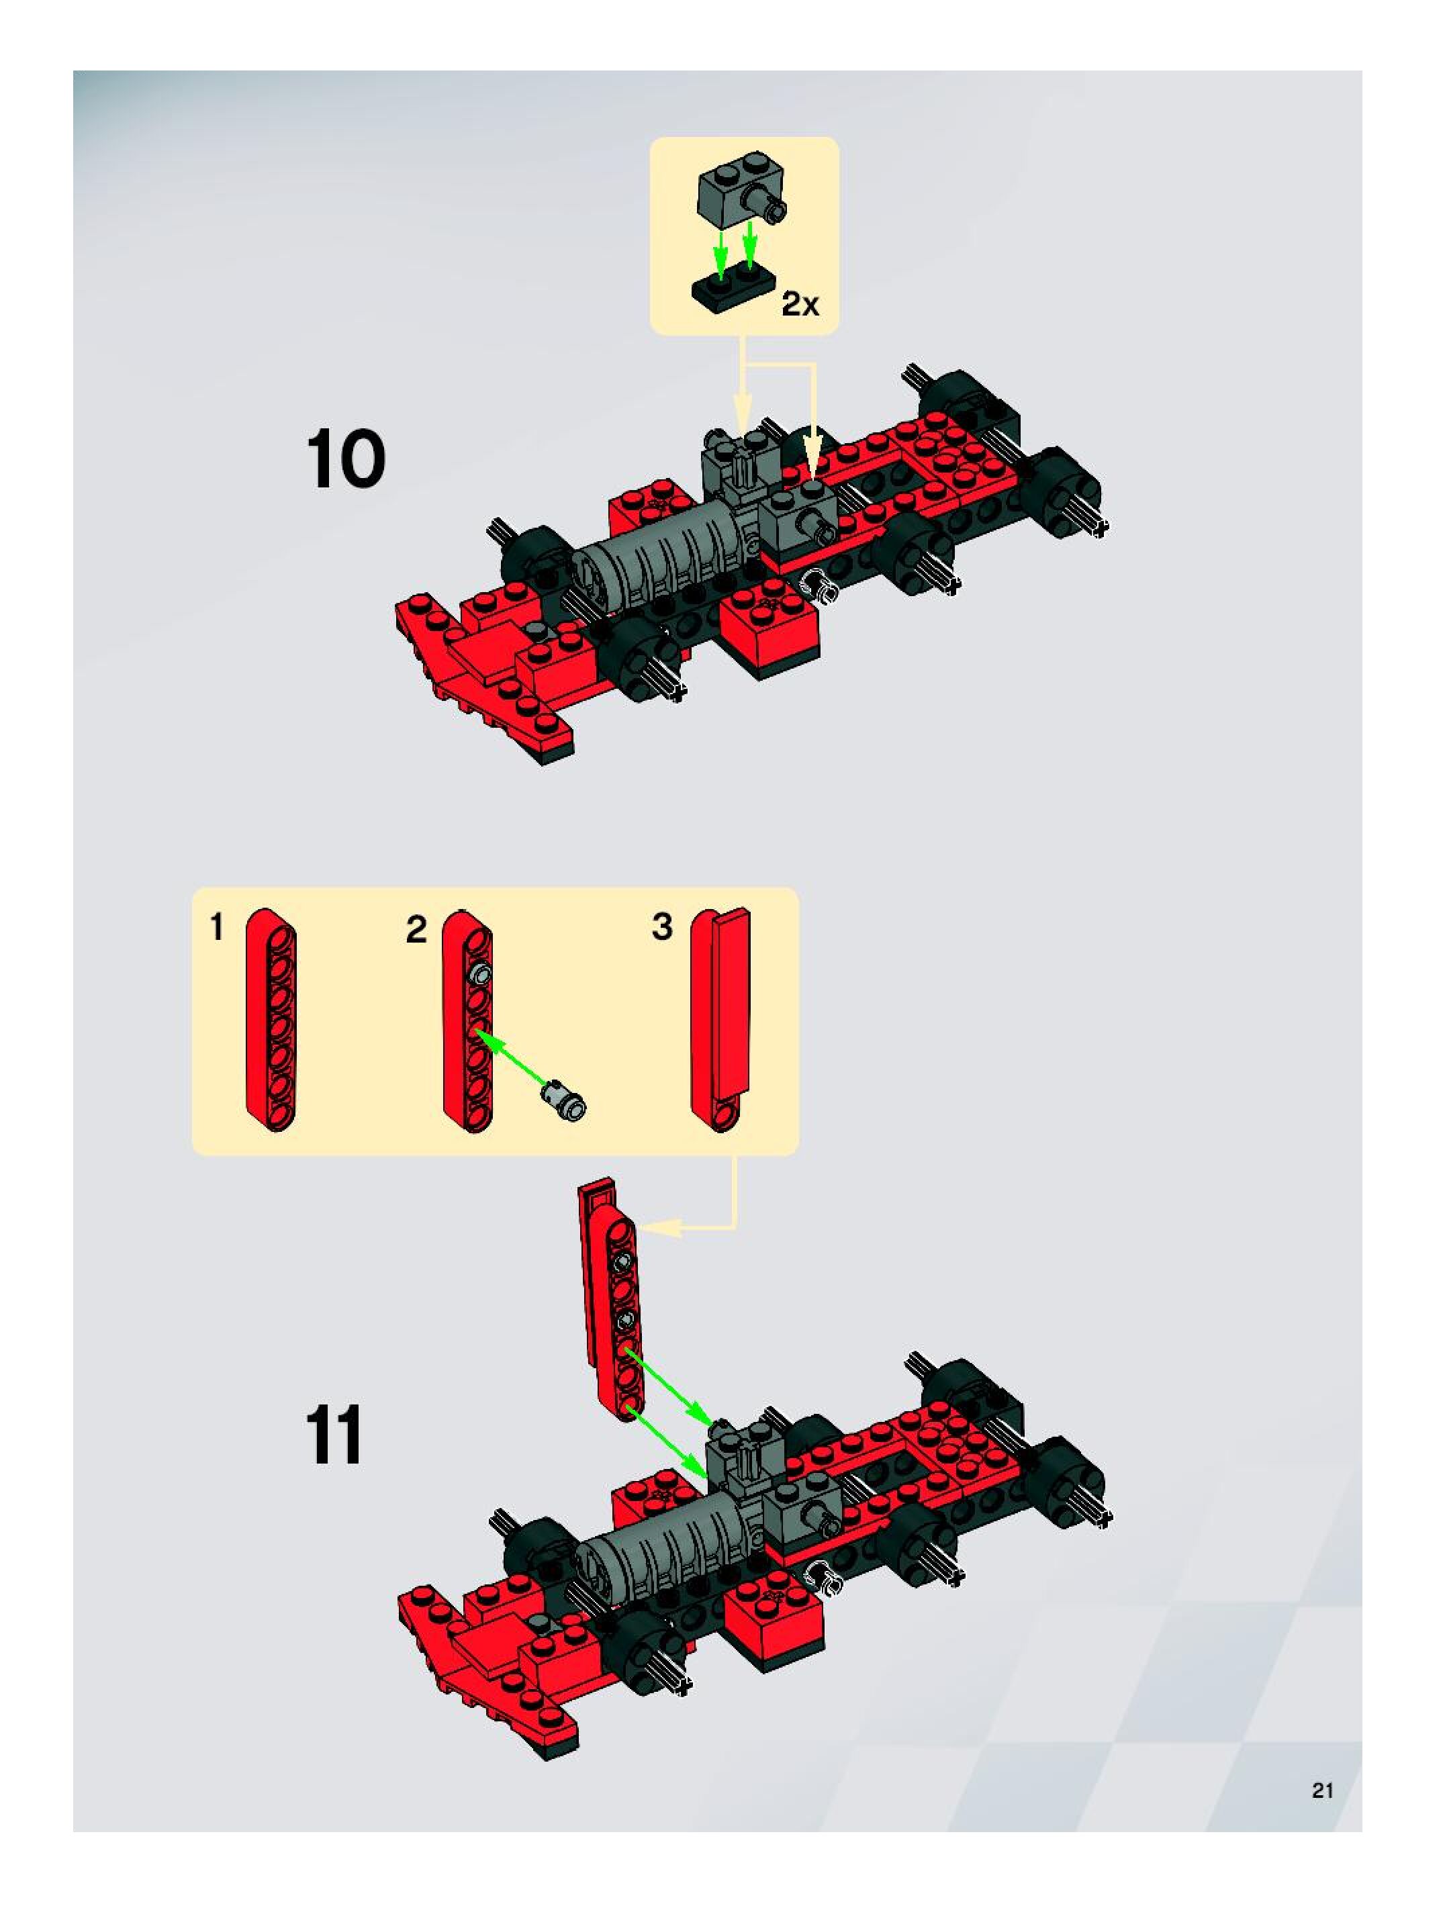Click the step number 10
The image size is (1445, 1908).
[346, 461]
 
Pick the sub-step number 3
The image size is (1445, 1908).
[661, 927]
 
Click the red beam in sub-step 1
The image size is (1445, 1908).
[271, 1018]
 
